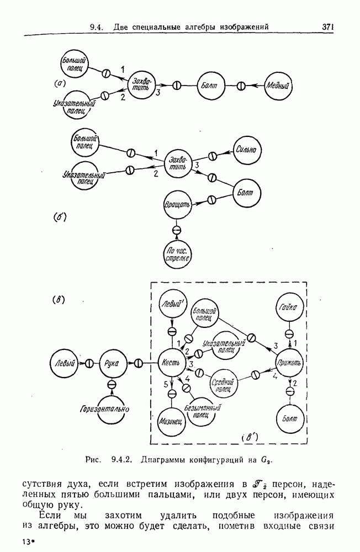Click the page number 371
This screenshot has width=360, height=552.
(329, 26)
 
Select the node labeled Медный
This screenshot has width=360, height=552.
(279, 86)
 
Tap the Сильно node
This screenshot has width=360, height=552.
(248, 149)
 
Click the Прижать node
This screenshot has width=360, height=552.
(289, 363)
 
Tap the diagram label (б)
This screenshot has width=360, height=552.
(60, 217)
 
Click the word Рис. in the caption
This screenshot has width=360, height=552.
(93, 459)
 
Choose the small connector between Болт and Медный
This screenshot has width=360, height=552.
(241, 86)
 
